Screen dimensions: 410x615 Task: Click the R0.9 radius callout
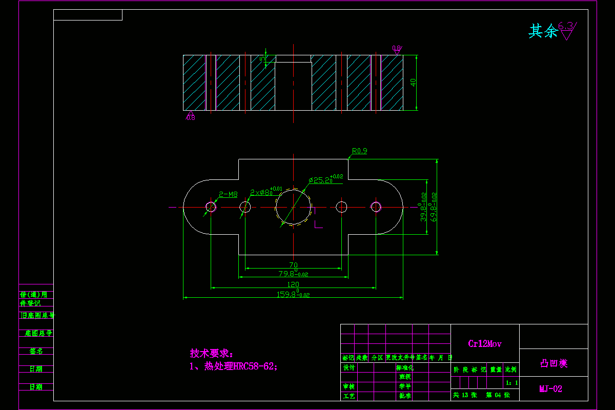coord(359,151)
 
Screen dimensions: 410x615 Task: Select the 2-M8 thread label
coord(228,194)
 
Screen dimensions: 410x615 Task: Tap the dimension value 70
coord(293,265)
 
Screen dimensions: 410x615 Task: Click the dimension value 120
coord(293,284)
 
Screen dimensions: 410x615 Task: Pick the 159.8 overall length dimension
coord(293,294)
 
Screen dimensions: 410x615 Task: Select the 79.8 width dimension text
coord(293,274)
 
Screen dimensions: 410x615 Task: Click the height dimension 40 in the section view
coord(413,82)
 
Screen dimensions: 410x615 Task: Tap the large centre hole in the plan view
coord(293,207)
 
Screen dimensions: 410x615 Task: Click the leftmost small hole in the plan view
coord(211,207)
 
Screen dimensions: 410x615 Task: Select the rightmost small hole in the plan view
coord(376,207)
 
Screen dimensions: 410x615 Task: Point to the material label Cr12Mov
coord(484,344)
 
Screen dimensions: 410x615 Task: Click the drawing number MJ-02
coord(550,389)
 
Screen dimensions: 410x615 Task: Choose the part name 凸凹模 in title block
coord(553,363)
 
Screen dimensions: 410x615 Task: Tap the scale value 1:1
coord(511,382)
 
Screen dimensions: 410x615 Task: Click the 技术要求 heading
coord(211,354)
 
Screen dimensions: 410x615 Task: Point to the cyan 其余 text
coord(543,32)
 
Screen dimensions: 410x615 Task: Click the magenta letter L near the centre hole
coord(318,224)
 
